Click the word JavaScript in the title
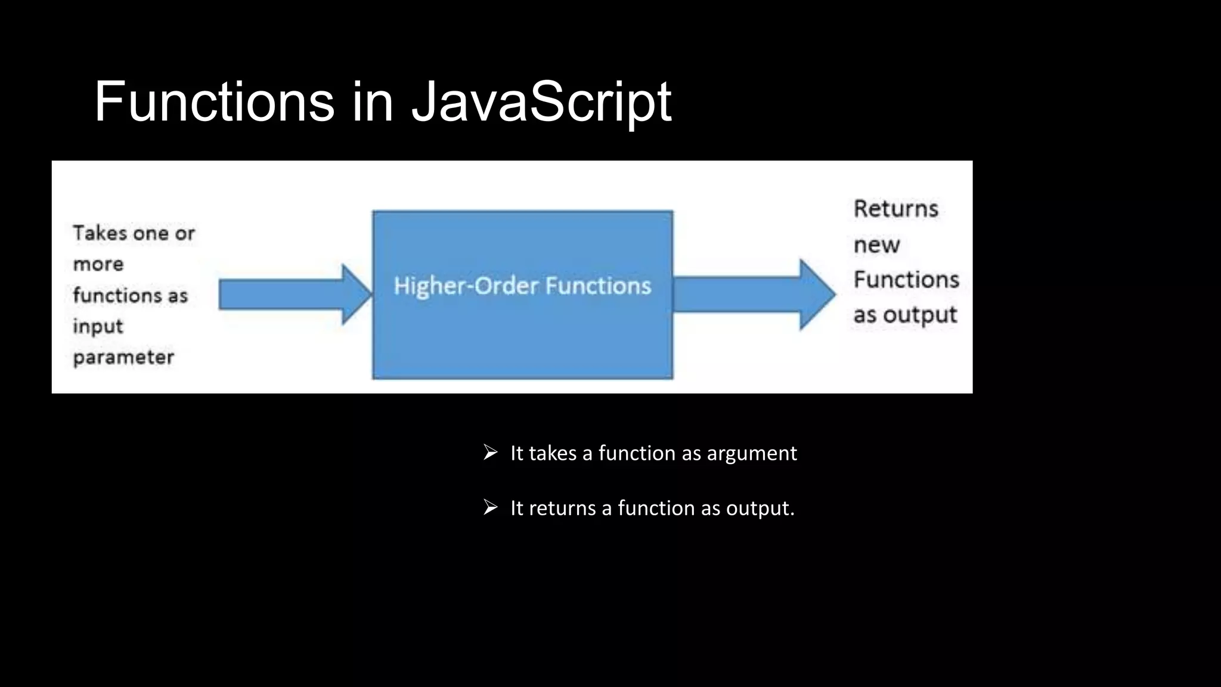(x=541, y=103)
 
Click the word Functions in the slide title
(x=215, y=103)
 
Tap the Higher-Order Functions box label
(x=522, y=286)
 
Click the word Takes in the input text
(x=100, y=233)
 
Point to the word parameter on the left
(x=123, y=357)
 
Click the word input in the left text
(x=98, y=326)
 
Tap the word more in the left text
(x=98, y=264)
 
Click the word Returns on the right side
(x=895, y=209)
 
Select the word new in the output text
(x=876, y=245)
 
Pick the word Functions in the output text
(x=906, y=280)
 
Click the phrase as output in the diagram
(x=904, y=315)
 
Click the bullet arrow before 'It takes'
(x=490, y=453)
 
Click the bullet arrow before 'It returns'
(x=490, y=507)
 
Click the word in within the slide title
(x=373, y=103)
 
